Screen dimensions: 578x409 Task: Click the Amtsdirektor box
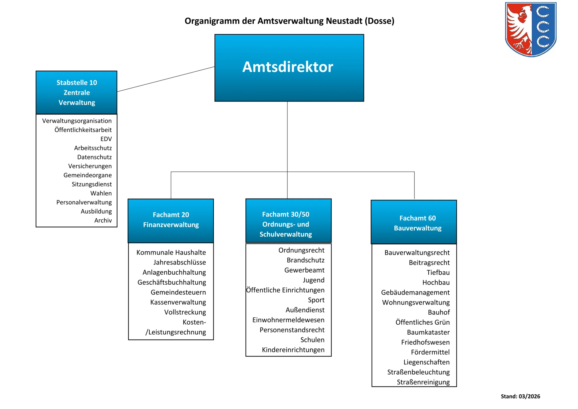[x=289, y=68]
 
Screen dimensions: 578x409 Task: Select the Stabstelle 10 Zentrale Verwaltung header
[x=76, y=92]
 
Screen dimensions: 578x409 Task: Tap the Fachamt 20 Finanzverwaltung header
[x=171, y=221]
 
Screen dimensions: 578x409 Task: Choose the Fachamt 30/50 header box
[x=288, y=220]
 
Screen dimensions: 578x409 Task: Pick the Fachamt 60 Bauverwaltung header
[x=414, y=222]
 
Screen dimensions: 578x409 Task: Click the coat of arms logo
[x=530, y=29]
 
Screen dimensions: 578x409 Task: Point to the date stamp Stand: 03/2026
[x=520, y=396]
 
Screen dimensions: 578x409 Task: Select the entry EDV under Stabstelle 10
[x=106, y=139]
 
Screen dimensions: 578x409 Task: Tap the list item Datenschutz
[x=95, y=157]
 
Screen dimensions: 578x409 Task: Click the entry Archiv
[x=103, y=220]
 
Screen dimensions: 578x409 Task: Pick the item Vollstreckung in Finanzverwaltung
[x=185, y=312]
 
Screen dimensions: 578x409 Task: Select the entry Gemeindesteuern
[x=178, y=292]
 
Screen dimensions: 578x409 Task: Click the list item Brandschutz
[x=306, y=260]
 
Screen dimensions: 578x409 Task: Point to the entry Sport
[x=316, y=300]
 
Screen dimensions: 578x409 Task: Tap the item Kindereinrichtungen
[x=293, y=350]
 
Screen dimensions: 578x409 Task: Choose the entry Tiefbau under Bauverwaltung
[x=438, y=272]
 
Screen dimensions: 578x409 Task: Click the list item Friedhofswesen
[x=425, y=342]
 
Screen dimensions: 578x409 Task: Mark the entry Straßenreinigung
[x=423, y=382]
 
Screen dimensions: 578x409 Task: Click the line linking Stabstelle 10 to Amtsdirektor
[x=166, y=79]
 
